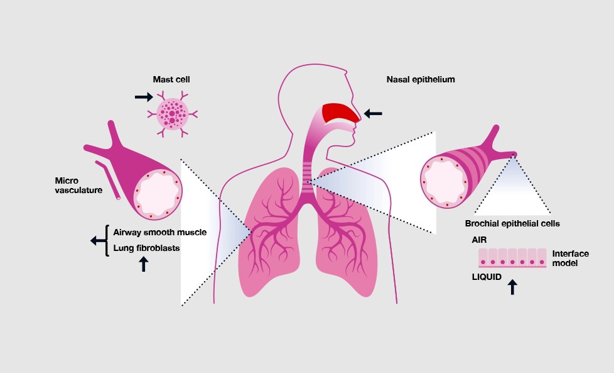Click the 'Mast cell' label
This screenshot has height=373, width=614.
click(171, 80)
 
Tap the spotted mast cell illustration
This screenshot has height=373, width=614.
click(172, 114)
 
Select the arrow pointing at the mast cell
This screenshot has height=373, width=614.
click(144, 96)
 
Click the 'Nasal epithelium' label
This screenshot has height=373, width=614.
click(421, 80)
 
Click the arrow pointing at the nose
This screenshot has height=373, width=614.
click(373, 114)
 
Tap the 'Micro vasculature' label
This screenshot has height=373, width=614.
click(78, 186)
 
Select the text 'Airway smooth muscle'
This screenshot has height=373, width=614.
click(159, 232)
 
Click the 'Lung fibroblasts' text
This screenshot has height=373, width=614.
click(146, 248)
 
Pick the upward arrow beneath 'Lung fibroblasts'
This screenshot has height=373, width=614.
click(144, 264)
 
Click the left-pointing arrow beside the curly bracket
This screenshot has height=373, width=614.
click(98, 240)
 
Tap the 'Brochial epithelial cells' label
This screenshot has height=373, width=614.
click(512, 223)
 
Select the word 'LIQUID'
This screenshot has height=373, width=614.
click(487, 277)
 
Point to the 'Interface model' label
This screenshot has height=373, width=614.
click(571, 259)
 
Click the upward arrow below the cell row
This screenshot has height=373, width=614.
click(512, 287)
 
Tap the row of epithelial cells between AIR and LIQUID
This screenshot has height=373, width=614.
click(512, 258)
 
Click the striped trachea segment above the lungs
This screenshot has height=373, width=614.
click(308, 177)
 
